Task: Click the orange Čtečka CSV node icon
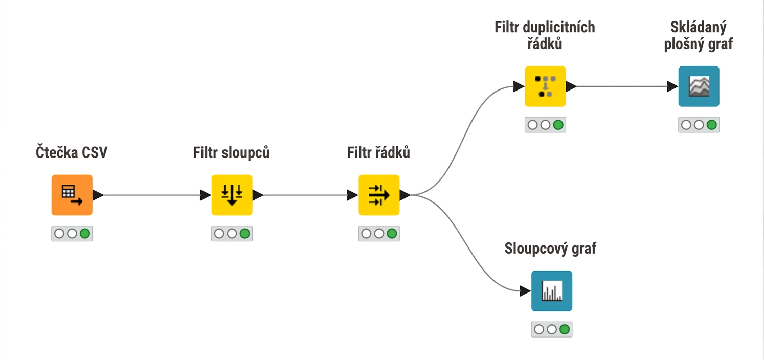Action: coord(72,195)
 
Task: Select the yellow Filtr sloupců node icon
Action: coord(232,195)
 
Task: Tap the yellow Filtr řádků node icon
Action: coord(379,195)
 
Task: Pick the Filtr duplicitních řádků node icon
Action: coord(545,86)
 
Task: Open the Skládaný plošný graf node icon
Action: coord(699,86)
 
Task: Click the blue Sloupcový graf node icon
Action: coord(552,291)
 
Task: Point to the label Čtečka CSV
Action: coord(72,152)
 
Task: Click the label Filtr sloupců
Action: coord(231,152)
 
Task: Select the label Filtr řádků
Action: coord(378,152)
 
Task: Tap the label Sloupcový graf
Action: coord(550,249)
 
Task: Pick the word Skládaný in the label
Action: coord(699,27)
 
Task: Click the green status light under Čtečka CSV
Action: coord(85,234)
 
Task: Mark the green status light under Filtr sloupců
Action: coord(245,234)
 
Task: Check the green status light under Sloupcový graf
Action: coord(565,329)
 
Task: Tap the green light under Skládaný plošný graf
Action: coord(712,125)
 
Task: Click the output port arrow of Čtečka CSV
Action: coord(98,195)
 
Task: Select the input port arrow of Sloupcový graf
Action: coord(525,291)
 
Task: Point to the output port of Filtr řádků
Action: coord(405,195)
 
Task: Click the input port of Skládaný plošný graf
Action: coord(672,86)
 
